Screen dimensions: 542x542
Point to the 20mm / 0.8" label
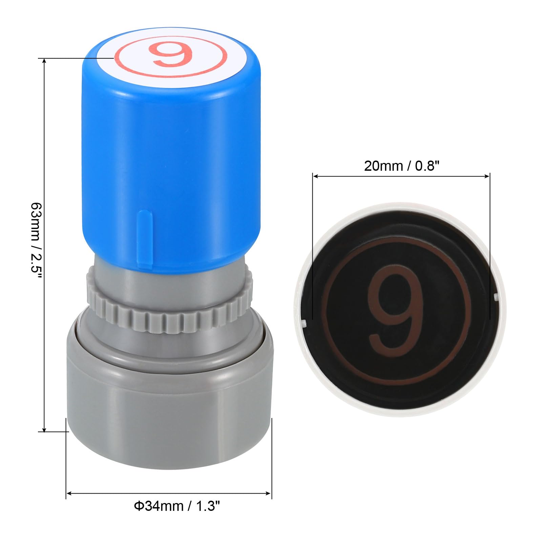pyautogui.click(x=402, y=166)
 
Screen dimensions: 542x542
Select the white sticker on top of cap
pyautogui.click(x=170, y=56)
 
